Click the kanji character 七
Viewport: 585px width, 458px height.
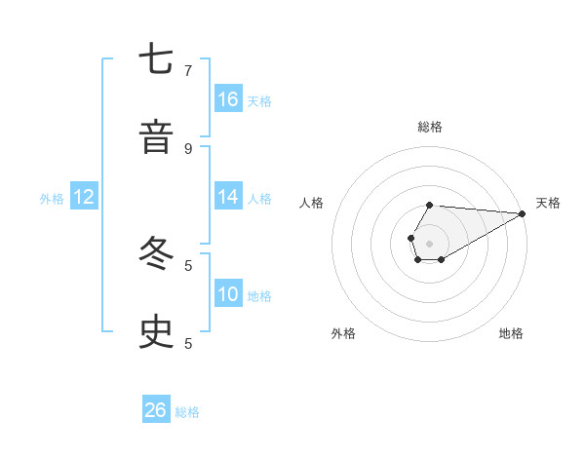click(156, 60)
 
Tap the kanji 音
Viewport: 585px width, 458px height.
click(156, 137)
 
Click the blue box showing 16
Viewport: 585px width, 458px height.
click(228, 98)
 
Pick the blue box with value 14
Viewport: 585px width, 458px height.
click(228, 196)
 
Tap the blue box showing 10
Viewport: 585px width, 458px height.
click(228, 293)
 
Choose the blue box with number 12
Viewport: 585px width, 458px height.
click(84, 197)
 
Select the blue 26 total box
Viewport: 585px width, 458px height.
click(156, 410)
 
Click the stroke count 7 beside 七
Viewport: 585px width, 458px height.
click(188, 70)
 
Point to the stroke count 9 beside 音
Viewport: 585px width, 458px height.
click(188, 148)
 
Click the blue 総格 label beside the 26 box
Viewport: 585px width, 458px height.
click(187, 412)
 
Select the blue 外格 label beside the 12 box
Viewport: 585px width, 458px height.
click(52, 199)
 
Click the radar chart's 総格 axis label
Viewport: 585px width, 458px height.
click(430, 127)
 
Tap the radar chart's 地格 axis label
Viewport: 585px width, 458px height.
click(511, 333)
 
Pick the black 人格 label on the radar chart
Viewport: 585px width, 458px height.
click(312, 203)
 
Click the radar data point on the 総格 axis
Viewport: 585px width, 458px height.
click(430, 206)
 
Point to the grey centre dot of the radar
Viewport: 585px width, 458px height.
click(430, 243)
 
